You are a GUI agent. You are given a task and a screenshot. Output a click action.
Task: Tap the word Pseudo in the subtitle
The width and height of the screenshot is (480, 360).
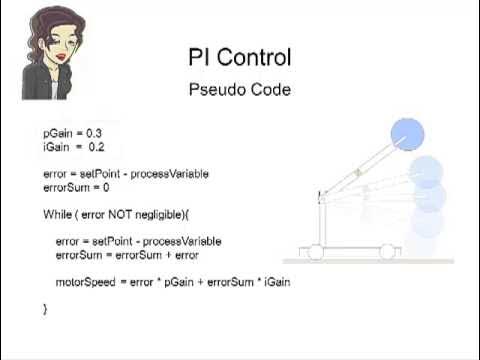click(214, 90)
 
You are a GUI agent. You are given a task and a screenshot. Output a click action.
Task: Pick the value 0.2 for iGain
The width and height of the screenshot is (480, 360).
click(95, 146)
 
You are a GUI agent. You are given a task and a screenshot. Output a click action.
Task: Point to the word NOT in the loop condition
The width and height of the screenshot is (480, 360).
click(127, 215)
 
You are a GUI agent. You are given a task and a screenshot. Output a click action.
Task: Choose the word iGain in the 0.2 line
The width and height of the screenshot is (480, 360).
click(56, 146)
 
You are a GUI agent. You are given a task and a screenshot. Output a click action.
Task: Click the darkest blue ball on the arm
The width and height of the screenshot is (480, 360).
click(407, 133)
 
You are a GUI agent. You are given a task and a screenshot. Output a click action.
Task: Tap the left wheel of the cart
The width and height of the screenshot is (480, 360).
click(316, 253)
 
